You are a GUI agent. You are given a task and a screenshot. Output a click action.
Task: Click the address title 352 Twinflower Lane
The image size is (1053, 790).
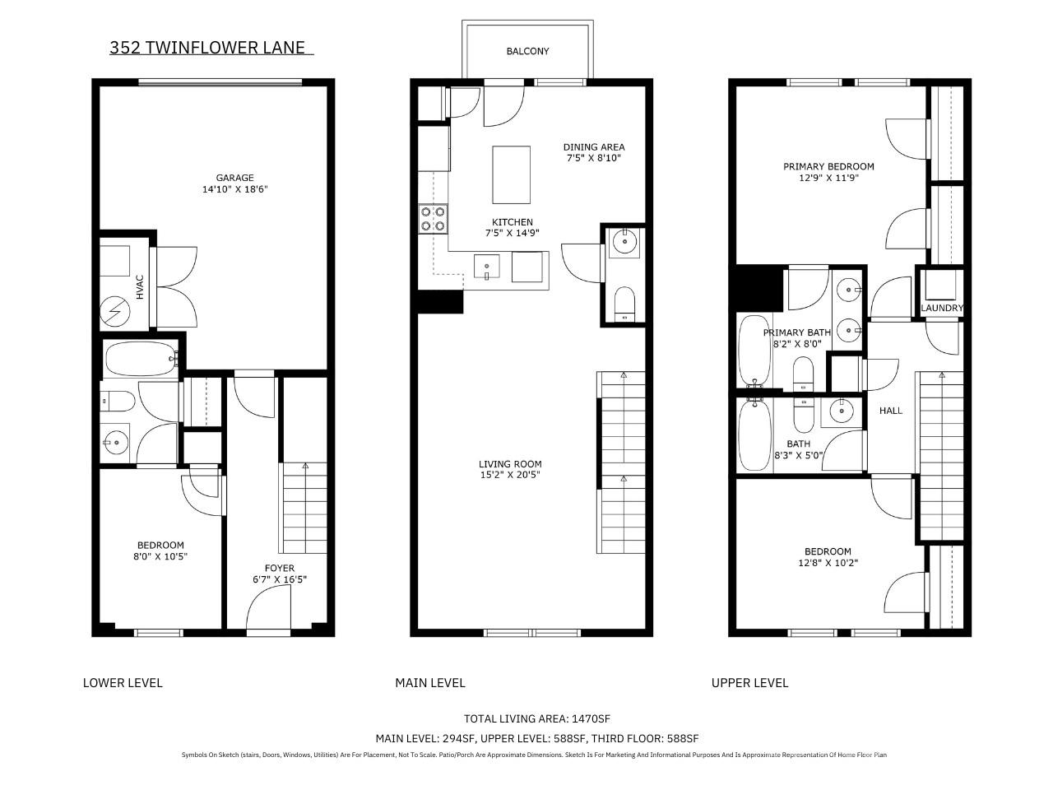(207, 48)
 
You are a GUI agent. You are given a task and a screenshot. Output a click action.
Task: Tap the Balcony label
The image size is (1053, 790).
(527, 51)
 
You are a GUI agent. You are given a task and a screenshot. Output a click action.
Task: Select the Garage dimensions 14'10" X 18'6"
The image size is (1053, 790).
(234, 189)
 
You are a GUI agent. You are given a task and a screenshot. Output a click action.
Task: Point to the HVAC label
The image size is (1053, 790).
(140, 287)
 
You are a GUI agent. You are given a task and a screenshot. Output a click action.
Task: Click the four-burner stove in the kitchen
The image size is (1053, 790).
(433, 219)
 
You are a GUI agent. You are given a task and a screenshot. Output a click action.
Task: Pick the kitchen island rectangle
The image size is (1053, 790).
(511, 174)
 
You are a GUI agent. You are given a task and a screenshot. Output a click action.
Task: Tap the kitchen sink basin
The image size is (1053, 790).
(486, 266)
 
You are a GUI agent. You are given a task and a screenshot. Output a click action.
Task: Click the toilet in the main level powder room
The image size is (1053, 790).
(624, 304)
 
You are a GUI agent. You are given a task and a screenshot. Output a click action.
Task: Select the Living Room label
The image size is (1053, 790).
(510, 464)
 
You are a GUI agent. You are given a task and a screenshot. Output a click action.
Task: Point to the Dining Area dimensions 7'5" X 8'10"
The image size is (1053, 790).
(594, 158)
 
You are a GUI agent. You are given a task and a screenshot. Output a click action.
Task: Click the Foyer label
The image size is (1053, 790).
(279, 568)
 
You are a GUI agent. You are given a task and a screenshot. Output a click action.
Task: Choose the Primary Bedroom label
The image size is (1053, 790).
(828, 166)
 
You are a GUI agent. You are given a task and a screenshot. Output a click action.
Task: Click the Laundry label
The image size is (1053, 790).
(942, 308)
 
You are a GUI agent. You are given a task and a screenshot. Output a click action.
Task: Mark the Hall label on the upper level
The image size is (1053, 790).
(890, 411)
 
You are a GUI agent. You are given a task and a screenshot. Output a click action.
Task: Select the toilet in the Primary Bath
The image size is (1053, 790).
(803, 374)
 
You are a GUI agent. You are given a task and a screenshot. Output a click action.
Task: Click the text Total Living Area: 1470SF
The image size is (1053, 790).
(537, 718)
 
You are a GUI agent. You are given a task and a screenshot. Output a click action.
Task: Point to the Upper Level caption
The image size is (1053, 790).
(749, 682)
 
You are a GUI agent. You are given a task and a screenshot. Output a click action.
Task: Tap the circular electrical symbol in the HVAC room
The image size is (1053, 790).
(115, 312)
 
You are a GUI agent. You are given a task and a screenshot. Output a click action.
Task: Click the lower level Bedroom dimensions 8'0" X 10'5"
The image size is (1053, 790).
(160, 556)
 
